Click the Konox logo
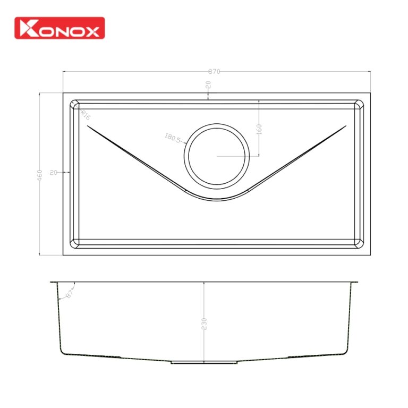point(59,28)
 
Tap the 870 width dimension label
point(215,71)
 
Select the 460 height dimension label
point(39,175)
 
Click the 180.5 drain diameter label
point(173,139)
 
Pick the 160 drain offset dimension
point(260,129)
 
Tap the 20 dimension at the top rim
point(208,85)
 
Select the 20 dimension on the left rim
point(53,172)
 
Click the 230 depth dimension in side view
point(205,324)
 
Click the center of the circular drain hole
point(216,156)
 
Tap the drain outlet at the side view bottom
point(204,363)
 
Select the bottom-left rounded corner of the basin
point(75,242)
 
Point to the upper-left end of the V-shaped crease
point(87,126)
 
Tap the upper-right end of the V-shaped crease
point(346,126)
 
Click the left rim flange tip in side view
point(51,282)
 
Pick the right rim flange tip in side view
point(358,282)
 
